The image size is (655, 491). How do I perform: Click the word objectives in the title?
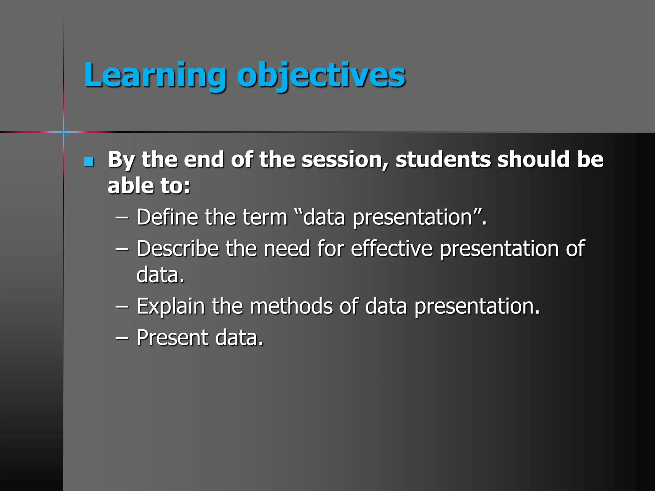click(x=321, y=75)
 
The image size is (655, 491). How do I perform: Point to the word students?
click(x=443, y=160)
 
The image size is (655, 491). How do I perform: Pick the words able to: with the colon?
click(x=149, y=186)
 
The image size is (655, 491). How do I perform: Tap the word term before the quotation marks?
click(x=265, y=217)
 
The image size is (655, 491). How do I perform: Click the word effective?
click(x=391, y=248)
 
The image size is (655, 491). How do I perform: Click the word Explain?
click(x=170, y=306)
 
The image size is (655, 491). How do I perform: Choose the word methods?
click(x=291, y=306)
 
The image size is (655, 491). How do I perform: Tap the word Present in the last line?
click(x=172, y=338)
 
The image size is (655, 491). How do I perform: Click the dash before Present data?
click(x=122, y=338)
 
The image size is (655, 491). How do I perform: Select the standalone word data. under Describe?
click(x=160, y=275)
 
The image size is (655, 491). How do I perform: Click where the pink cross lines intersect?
click(x=63, y=132)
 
